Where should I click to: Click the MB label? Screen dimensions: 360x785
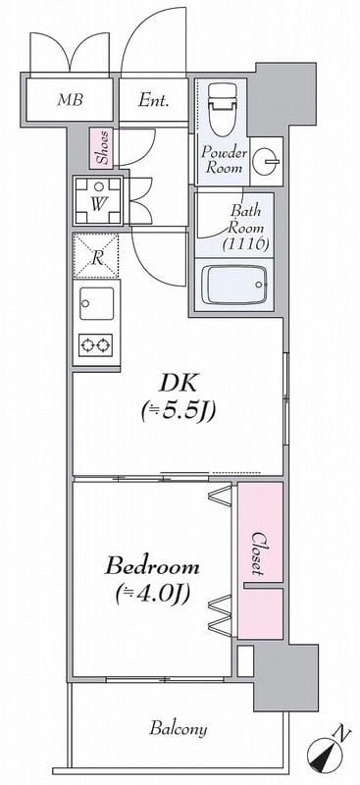pos(70,100)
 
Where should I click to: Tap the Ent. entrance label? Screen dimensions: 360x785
pos(153,101)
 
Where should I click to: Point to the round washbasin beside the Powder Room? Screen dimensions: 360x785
pos(266,161)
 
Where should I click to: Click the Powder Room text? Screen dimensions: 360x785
pos(225,160)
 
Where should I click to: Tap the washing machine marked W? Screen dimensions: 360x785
pos(99,201)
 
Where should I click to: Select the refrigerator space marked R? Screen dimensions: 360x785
pos(96,256)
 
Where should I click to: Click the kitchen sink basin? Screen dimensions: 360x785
pos(97,303)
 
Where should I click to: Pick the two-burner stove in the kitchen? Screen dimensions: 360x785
pos(95,345)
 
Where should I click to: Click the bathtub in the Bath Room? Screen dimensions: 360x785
pos(233,285)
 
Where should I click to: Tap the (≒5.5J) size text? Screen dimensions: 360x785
pos(179,412)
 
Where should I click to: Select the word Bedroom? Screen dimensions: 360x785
pos(152,567)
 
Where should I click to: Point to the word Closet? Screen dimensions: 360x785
pos(258,552)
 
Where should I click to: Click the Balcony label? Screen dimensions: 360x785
pos(179,728)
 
